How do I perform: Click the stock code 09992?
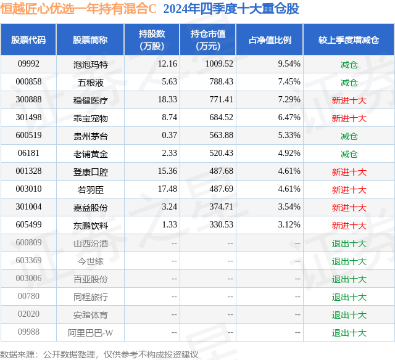pyautogui.click(x=28, y=64)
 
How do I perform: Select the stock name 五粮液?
pyautogui.click(x=90, y=82)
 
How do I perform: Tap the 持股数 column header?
pyautogui.click(x=151, y=39)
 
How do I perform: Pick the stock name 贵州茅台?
pyautogui.click(x=90, y=136)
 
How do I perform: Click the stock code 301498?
pyautogui.click(x=28, y=118)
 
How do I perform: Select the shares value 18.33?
pyautogui.click(x=167, y=100)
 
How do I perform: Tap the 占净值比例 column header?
pyautogui.click(x=270, y=39)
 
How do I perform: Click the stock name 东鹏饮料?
pyautogui.click(x=90, y=225)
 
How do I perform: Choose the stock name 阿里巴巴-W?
pyautogui.click(x=90, y=333)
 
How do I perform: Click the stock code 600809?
pyautogui.click(x=28, y=243)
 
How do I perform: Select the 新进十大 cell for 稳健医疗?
pyautogui.click(x=349, y=100)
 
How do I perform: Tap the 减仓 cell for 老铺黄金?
pyautogui.click(x=349, y=153)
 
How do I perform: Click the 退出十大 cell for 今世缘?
pyautogui.click(x=349, y=261)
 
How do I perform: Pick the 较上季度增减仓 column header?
pyautogui.click(x=349, y=39)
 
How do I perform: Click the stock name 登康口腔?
pyautogui.click(x=90, y=171)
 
